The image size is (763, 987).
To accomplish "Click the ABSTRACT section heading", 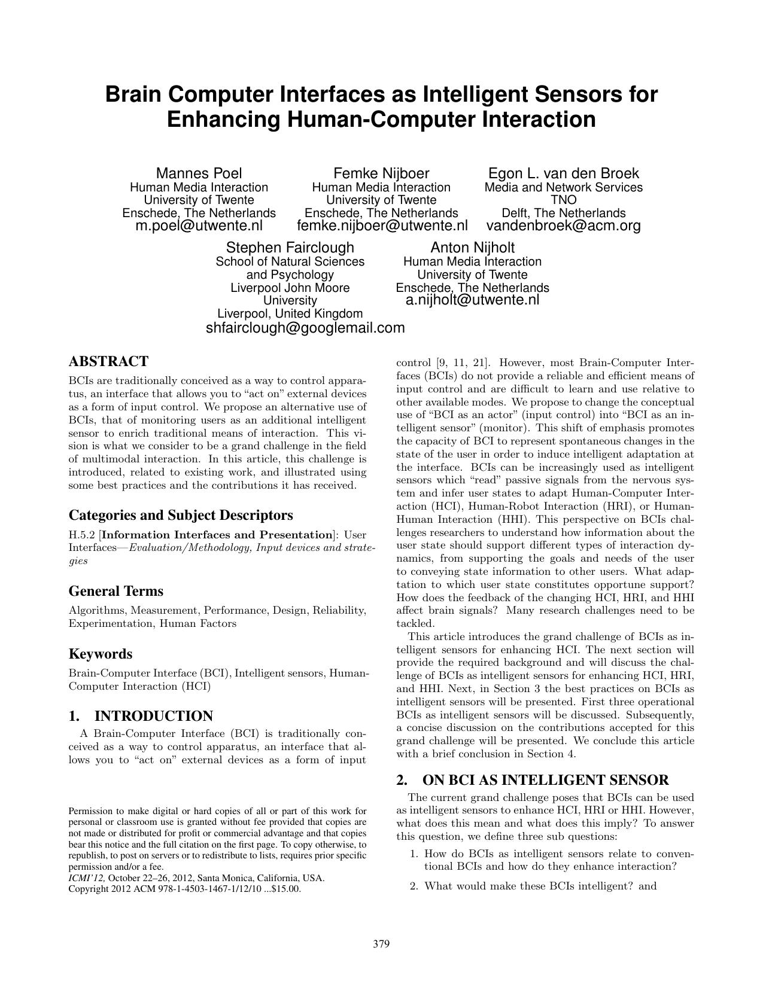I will pos(108,362).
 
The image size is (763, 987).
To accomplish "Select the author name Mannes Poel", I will pos(199,173).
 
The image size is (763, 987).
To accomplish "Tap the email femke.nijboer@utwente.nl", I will pos(382,226).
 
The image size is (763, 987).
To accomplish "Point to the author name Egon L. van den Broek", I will pos(563,173).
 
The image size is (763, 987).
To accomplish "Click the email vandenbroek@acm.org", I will pos(563,226).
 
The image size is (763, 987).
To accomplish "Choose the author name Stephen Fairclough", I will pos(290,248).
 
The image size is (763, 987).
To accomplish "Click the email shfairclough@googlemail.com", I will pos(305,328).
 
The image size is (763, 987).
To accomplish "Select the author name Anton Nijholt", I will pos(472,248).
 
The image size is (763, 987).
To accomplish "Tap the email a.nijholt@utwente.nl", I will pos(472,300).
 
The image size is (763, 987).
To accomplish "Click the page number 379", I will pos(381,945).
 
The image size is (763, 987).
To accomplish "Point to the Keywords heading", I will pos(101,654).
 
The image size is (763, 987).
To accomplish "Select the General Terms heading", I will pos(116,591).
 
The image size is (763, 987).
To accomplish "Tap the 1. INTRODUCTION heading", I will pos(141,717).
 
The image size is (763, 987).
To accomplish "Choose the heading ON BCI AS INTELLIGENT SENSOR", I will pos(545,780).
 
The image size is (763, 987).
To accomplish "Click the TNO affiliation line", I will pos(563,200).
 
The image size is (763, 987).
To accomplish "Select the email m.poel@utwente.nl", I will pos(199,226).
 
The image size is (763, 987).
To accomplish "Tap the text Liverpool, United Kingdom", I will pos(290,313).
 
